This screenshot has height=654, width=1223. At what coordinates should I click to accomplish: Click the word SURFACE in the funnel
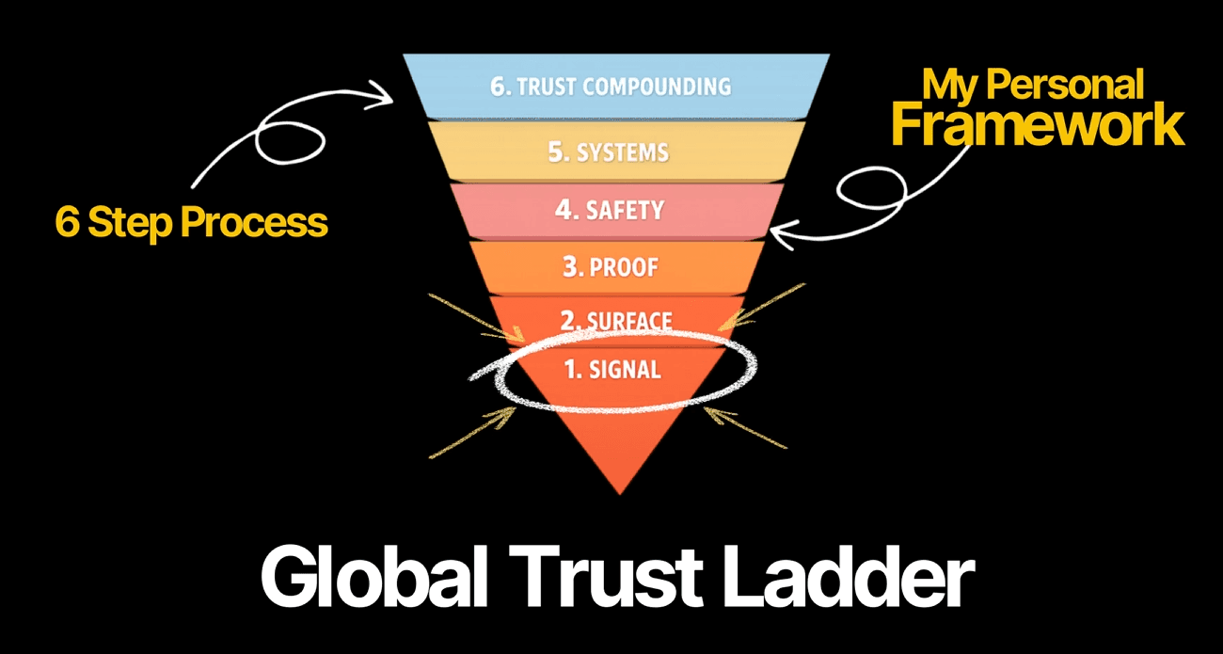point(629,322)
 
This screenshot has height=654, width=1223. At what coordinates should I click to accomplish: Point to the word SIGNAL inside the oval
point(625,370)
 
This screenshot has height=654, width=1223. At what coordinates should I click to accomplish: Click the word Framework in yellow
point(1038,126)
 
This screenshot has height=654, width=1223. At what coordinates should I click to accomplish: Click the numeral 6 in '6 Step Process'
point(66,222)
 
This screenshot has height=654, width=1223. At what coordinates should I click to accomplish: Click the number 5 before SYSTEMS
point(556,152)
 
